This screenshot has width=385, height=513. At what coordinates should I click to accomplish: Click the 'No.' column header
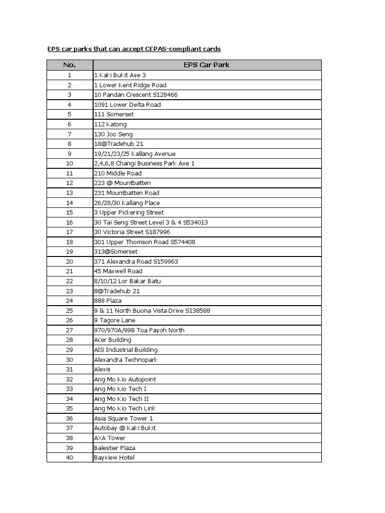point(69,65)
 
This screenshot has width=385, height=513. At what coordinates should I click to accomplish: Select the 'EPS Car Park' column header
point(207,65)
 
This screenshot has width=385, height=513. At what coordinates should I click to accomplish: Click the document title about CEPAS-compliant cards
point(134,49)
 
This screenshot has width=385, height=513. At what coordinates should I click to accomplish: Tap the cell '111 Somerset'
point(114,114)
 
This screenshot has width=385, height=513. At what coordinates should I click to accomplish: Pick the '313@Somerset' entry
point(115,251)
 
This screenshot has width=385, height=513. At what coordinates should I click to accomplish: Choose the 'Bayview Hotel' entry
point(114,457)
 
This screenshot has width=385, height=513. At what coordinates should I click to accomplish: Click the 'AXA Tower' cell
point(109,438)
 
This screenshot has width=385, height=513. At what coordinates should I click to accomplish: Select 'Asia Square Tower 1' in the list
point(123,418)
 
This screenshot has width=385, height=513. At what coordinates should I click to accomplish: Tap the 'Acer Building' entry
point(112,340)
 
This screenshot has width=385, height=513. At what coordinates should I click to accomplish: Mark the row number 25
point(69,311)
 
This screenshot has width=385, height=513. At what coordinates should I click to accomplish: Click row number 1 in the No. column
point(69,75)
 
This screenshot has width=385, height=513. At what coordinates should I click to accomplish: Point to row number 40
point(69,457)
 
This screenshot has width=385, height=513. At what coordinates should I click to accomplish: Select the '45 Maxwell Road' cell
point(118,271)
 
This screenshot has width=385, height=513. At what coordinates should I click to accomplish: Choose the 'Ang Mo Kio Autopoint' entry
point(124,379)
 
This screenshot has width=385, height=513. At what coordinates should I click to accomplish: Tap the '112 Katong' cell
point(110,124)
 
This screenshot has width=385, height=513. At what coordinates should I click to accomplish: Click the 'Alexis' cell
point(102,369)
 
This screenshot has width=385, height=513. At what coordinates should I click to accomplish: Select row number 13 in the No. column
point(69,193)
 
